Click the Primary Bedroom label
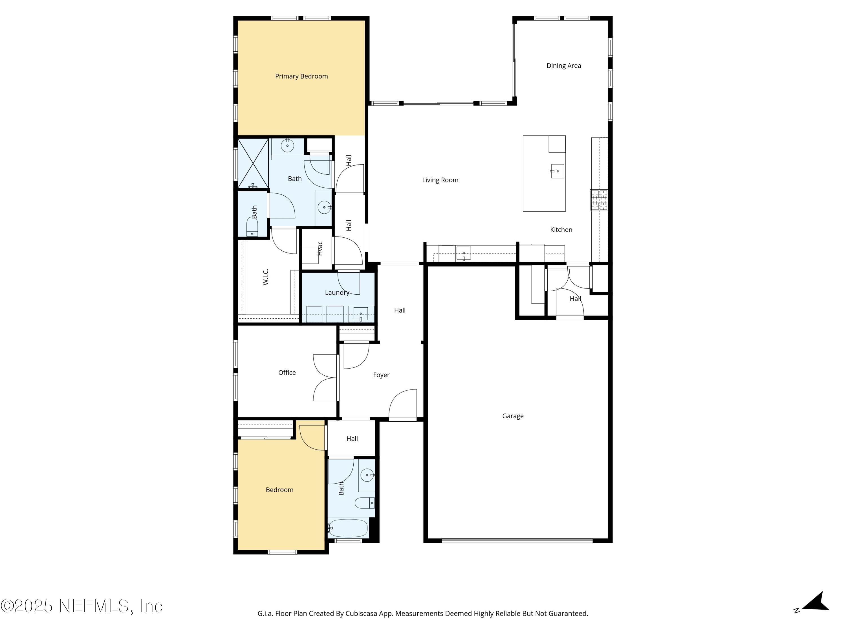tap(301, 76)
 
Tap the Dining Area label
tap(563, 66)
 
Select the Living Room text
tap(440, 180)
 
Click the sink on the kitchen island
tap(557, 171)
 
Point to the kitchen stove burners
tap(599, 200)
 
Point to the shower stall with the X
tap(253, 163)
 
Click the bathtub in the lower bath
tap(348, 528)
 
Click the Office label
tap(287, 373)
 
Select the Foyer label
tap(381, 375)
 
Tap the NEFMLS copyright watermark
tap(81, 606)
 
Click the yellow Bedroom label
tap(279, 490)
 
